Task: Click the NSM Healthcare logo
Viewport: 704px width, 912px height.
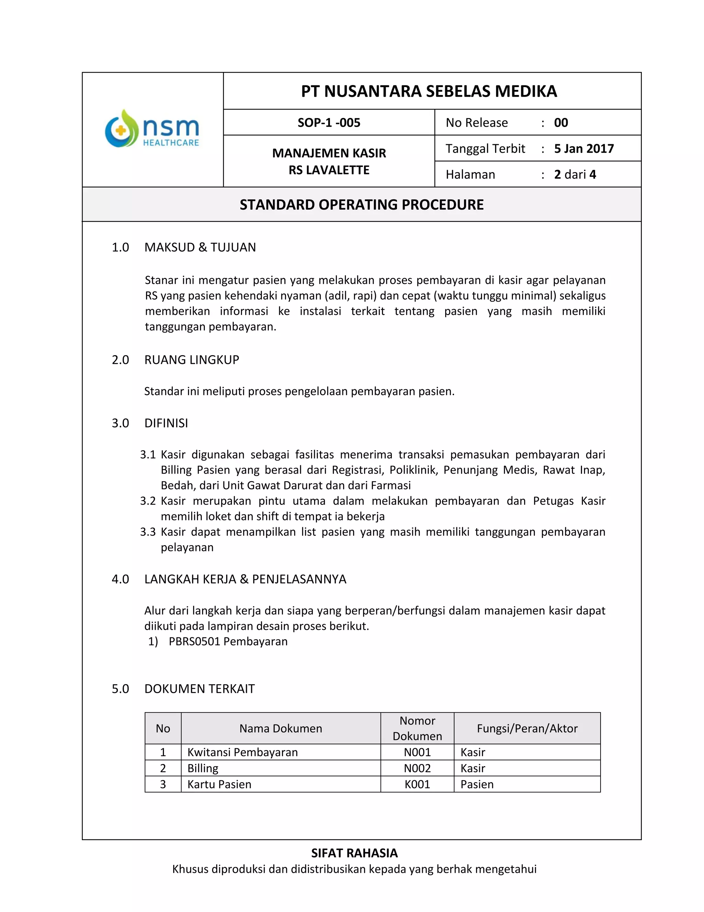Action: point(152,129)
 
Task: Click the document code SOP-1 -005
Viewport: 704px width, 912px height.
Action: point(329,123)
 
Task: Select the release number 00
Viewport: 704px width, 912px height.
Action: point(561,123)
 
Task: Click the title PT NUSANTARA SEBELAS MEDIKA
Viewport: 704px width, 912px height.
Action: point(429,92)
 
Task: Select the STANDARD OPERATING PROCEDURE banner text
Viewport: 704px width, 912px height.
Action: point(362,205)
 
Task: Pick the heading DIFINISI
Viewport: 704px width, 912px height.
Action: point(166,423)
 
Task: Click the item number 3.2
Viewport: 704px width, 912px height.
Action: point(147,501)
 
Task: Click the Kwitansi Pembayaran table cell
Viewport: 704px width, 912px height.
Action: point(242,752)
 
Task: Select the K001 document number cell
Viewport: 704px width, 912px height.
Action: point(417,784)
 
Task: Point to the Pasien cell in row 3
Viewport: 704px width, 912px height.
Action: point(477,784)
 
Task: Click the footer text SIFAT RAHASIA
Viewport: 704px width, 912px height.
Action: point(354,853)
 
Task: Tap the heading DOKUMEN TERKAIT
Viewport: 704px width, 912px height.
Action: point(199,689)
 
